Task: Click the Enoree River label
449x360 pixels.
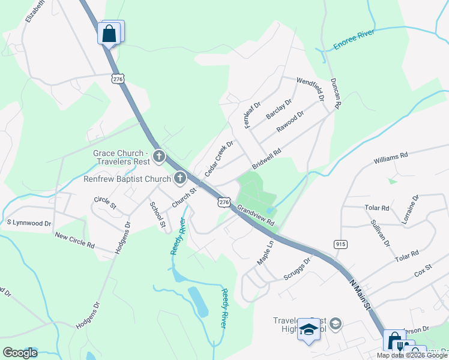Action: pyautogui.click(x=354, y=39)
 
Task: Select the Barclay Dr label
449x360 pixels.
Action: pyautogui.click(x=279, y=108)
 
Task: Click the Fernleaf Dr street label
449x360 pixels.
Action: pyautogui.click(x=253, y=114)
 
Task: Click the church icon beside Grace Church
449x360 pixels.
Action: pyautogui.click(x=159, y=157)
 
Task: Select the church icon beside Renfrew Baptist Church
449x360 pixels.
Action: pyautogui.click(x=180, y=178)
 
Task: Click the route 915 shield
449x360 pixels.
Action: pyautogui.click(x=340, y=243)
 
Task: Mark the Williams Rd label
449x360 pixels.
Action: pyautogui.click(x=390, y=158)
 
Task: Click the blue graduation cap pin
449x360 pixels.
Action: pyautogui.click(x=309, y=329)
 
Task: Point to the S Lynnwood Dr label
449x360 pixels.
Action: pyautogui.click(x=29, y=223)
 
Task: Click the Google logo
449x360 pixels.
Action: pyautogui.click(x=20, y=353)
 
